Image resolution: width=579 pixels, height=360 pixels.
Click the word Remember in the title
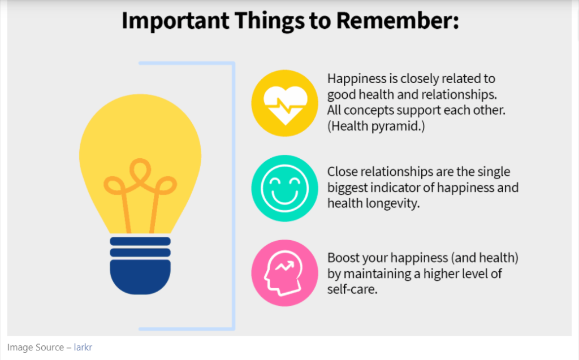point(397,20)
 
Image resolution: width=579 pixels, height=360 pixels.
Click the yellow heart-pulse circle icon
point(285,103)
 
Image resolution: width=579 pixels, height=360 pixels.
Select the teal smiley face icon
point(285,188)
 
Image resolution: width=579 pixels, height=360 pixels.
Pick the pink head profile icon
point(285,273)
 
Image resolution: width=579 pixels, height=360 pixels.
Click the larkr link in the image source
point(83,347)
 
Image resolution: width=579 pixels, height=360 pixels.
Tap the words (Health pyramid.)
point(376,126)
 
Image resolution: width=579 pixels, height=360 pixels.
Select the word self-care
point(352,289)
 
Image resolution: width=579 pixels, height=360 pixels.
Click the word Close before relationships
point(342,172)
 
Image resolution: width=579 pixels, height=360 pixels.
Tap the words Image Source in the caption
point(36,348)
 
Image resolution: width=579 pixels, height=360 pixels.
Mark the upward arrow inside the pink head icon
point(285,266)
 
